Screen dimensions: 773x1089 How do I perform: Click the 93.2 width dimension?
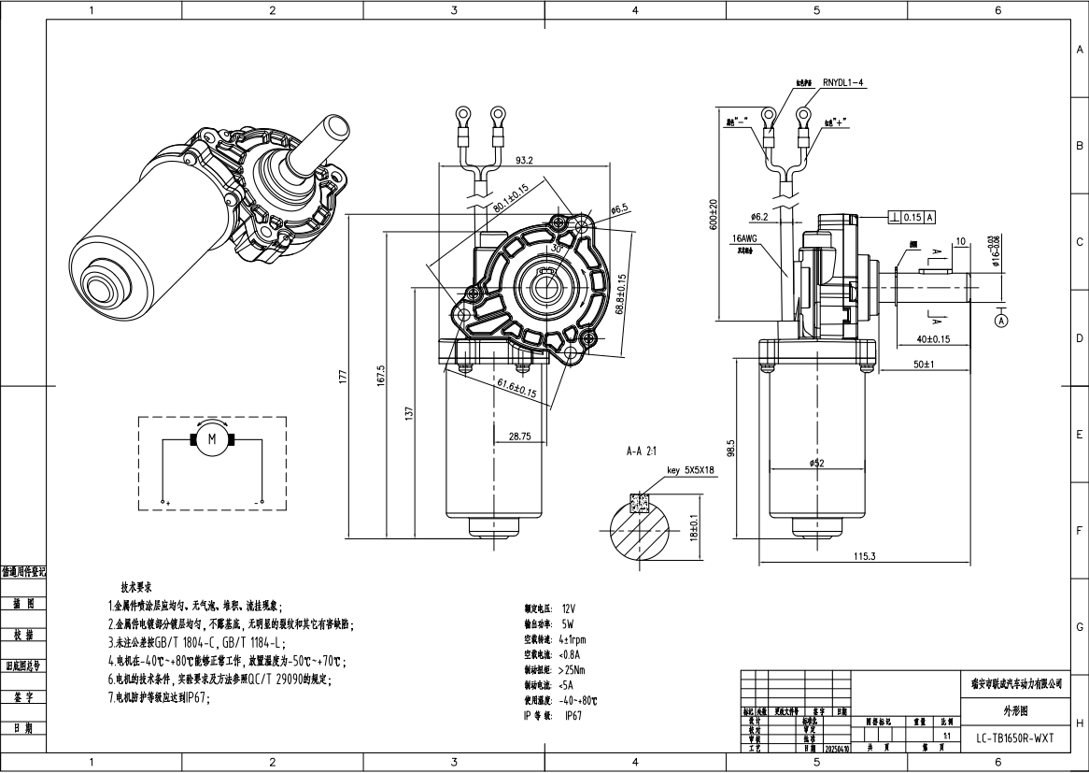click(524, 160)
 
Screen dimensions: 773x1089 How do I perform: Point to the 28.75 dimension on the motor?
click(519, 436)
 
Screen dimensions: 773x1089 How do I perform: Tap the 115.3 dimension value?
click(864, 556)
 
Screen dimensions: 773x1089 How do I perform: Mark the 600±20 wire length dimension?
click(714, 215)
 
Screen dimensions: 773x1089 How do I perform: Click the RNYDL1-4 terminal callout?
click(844, 84)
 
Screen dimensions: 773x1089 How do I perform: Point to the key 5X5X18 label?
click(690, 470)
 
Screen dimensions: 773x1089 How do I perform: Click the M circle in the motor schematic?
click(211, 439)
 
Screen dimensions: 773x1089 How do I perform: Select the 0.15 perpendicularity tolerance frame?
click(913, 217)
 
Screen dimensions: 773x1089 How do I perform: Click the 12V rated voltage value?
click(571, 608)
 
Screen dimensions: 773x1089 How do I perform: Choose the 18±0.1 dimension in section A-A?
click(694, 527)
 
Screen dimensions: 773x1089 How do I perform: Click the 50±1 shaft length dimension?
click(925, 364)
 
